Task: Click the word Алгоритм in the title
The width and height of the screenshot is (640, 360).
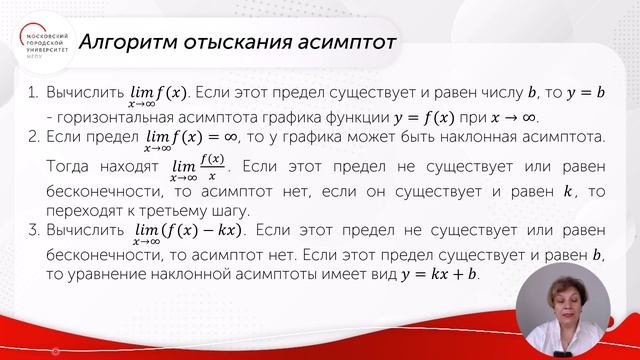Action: (128, 43)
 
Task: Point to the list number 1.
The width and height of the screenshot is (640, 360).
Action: (33, 95)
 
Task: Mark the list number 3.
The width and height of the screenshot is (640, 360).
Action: (33, 231)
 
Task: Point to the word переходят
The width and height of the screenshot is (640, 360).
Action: (85, 210)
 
